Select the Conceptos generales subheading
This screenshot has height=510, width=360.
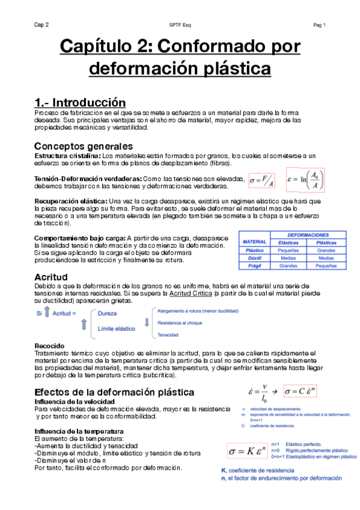pyautogui.click(x=83, y=146)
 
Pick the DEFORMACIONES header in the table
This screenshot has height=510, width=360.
pyautogui.click(x=308, y=234)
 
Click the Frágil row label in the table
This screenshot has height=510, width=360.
pyautogui.click(x=255, y=265)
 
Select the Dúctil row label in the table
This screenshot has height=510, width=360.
pyautogui.click(x=255, y=257)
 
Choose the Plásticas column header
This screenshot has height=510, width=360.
pyautogui.click(x=326, y=242)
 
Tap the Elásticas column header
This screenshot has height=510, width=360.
pyautogui.click(x=288, y=242)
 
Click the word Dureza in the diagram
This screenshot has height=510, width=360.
pyautogui.click(x=108, y=314)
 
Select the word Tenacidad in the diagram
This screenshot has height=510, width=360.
pyautogui.click(x=169, y=334)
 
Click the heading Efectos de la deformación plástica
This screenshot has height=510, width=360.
pyautogui.click(x=114, y=392)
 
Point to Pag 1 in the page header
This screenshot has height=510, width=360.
pyautogui.click(x=319, y=25)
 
